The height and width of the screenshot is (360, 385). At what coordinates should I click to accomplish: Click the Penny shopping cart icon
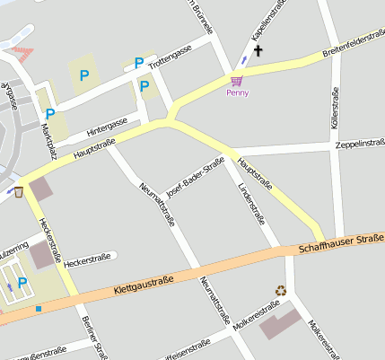coord(237,80)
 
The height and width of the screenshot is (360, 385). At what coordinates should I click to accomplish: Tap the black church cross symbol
coord(259,51)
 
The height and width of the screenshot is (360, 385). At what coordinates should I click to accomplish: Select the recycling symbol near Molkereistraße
coord(281,290)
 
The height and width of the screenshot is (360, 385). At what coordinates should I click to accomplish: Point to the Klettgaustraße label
coord(144,287)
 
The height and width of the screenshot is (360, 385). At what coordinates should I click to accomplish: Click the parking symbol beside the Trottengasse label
coord(138,63)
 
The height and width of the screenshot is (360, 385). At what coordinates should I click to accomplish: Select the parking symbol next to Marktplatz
coord(50,114)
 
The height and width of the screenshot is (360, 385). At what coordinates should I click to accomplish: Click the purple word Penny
coord(237,92)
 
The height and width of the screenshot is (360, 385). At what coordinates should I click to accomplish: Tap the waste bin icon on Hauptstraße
coord(18,191)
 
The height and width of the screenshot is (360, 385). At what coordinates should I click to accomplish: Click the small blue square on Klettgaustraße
coord(39,309)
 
